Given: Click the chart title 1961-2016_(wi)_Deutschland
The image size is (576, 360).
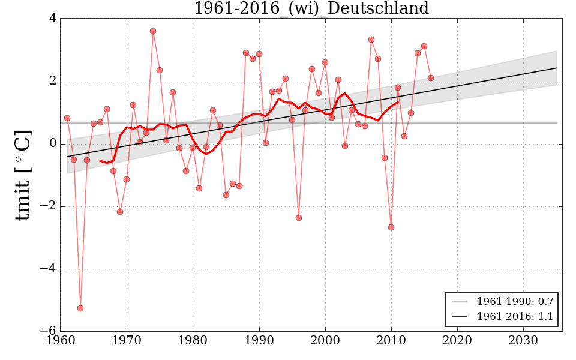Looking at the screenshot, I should (311, 9).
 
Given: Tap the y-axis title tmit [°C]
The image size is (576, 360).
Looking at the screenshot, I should (23, 175).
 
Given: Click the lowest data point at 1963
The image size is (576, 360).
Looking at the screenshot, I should (80, 308).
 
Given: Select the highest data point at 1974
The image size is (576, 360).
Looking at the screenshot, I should (153, 31).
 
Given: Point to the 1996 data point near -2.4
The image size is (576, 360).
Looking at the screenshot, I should (299, 218).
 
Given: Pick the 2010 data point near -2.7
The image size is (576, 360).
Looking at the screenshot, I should (391, 227).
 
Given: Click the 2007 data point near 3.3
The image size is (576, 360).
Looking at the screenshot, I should (371, 40).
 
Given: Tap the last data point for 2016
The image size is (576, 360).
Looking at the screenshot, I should (431, 78).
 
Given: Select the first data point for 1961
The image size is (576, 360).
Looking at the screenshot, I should (67, 118).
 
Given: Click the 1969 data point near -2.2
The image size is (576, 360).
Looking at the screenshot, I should (120, 212).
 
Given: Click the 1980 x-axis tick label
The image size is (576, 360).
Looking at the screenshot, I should (193, 341).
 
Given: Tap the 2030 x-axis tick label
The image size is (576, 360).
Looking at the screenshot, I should (524, 341).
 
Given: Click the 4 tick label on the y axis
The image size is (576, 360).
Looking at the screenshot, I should (53, 19).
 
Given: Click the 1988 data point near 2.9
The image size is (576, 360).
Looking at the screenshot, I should (246, 53).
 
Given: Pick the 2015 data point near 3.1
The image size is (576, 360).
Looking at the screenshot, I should (424, 46).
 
